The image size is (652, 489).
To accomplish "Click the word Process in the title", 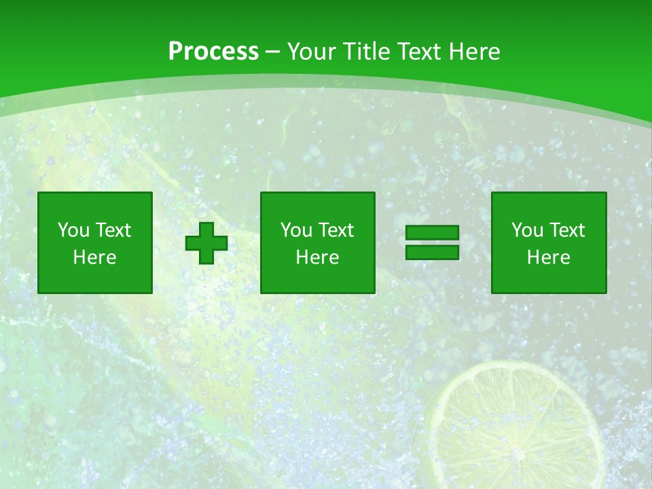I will pos(213,52).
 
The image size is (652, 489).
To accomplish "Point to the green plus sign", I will pos(206,243).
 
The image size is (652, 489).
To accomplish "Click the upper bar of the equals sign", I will pos(432,232).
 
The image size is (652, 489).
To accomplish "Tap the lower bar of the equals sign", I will pos(432,252).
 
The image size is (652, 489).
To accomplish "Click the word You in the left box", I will pos(73,230).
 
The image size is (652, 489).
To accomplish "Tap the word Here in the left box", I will pos(95,257).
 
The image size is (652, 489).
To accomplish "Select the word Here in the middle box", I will pos(317,257).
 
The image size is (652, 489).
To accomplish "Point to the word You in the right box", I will pos(526,230).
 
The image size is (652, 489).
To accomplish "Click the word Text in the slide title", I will pos(419,52).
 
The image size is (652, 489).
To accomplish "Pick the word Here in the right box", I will pos(549,257).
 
